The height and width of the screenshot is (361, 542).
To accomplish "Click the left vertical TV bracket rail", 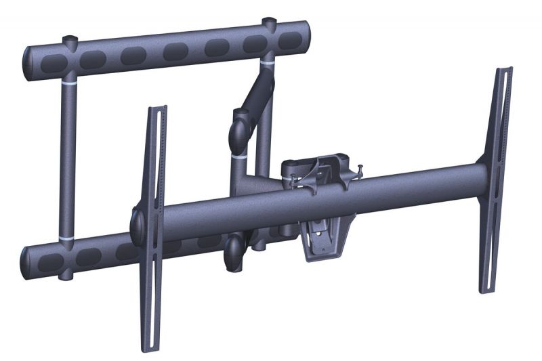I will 157,169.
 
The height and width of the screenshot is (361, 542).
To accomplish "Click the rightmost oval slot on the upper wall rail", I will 288,40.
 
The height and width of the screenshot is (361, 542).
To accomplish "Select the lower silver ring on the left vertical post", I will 68,240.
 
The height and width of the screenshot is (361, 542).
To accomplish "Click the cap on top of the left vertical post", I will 70,39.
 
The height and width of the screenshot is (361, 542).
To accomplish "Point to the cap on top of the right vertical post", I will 269,21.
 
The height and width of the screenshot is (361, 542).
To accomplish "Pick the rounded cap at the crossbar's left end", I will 136,221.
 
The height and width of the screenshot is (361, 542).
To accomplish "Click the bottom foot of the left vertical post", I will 65,275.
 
